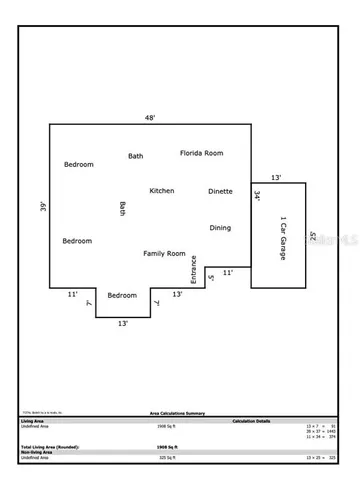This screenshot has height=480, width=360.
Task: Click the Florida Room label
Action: point(201,153)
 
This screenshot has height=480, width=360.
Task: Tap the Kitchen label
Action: point(162,190)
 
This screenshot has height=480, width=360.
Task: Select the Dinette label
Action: point(220,191)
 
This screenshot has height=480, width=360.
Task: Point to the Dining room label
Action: point(220,228)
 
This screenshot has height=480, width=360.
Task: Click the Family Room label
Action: point(164,254)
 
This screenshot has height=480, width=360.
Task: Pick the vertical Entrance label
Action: point(194,271)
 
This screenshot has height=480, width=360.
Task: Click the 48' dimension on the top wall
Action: point(150,117)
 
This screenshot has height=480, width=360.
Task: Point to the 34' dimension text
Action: point(257,197)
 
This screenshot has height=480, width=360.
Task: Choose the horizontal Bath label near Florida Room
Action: point(135,156)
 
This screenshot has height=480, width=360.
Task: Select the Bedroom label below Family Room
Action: point(122,295)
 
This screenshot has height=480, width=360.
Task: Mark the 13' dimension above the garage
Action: point(275,177)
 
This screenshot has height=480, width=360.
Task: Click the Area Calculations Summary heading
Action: point(180,412)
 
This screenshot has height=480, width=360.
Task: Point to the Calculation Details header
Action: point(252,420)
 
